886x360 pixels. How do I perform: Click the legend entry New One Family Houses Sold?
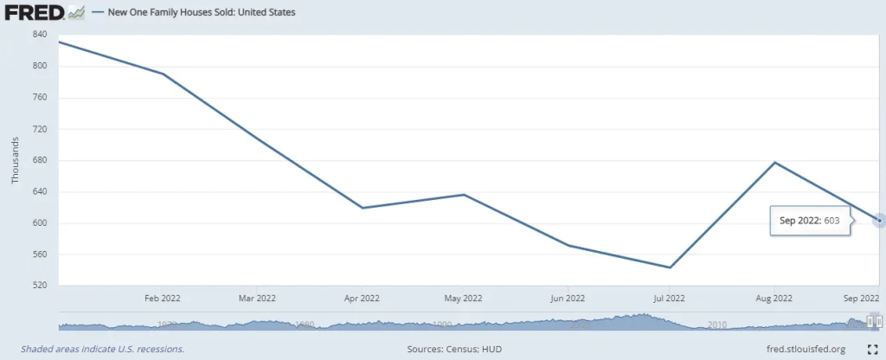point(201,13)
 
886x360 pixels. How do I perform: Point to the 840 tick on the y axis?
point(40,35)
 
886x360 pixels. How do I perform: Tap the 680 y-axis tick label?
point(40,160)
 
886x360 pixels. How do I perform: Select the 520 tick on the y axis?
point(40,286)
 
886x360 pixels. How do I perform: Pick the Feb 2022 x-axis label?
point(163,299)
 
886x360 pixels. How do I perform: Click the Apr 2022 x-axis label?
point(362,299)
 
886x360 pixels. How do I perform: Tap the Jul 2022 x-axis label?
point(669,299)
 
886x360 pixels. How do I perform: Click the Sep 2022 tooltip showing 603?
point(809,221)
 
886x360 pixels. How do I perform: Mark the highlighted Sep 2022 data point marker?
point(879,220)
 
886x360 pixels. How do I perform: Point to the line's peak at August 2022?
point(774,163)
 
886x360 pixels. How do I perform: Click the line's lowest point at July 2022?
point(670,267)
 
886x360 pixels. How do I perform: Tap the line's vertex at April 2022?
point(363,208)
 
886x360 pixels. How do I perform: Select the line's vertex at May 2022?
point(464,195)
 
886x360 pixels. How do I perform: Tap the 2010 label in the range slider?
point(716,325)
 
